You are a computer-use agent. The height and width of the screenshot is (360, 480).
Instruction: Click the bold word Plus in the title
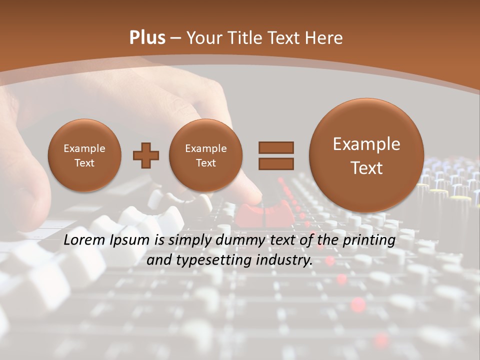tap(147, 38)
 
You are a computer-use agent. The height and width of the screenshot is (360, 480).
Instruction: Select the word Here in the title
tap(325, 38)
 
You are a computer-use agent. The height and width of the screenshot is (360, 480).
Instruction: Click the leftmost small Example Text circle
tap(84, 155)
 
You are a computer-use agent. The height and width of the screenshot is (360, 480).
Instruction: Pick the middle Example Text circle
tap(206, 155)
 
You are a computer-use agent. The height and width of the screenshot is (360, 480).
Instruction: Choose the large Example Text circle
tap(366, 155)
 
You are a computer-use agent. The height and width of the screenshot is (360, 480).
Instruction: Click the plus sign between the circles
tap(146, 155)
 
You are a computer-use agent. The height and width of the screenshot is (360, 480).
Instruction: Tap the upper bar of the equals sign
tap(275, 147)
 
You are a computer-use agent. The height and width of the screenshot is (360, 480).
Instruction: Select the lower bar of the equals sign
tap(275, 163)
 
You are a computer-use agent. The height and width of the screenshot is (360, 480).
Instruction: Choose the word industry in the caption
tap(284, 260)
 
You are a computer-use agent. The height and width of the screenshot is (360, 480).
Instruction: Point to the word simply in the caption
tap(189, 240)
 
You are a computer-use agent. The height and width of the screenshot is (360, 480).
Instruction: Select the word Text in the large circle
tap(366, 168)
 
